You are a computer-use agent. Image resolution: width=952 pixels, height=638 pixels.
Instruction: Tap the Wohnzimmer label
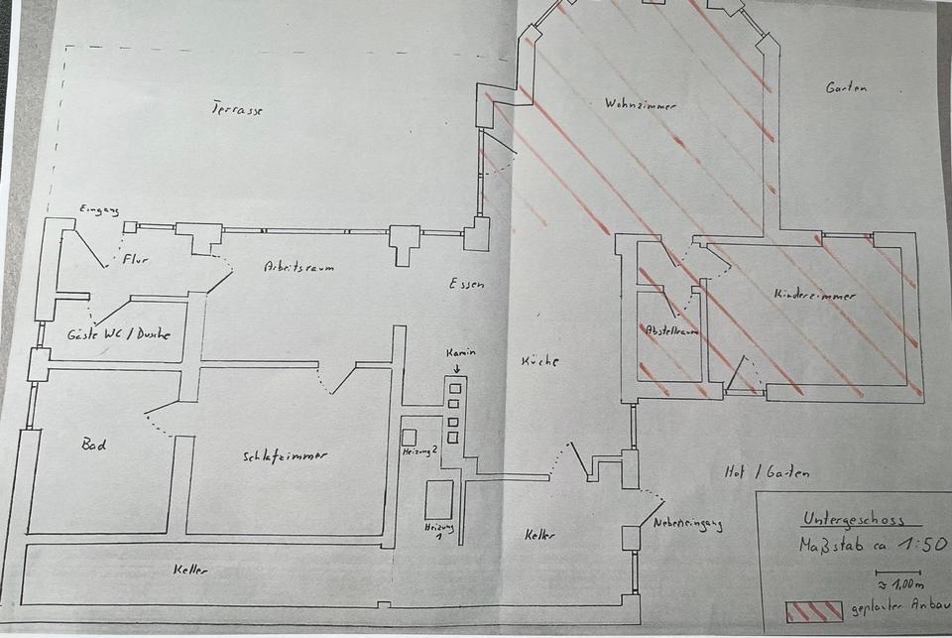(632, 103)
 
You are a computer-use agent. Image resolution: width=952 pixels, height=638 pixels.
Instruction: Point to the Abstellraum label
(672, 330)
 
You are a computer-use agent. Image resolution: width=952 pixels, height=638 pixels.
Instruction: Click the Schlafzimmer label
(285, 456)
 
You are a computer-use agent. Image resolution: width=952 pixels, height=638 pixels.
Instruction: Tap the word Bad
(93, 446)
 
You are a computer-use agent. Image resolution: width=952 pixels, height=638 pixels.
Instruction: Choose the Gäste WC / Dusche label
(118, 334)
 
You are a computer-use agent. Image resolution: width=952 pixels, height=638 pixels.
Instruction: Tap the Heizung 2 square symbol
(409, 437)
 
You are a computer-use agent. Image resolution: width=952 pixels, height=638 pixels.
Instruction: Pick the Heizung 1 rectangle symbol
(438, 499)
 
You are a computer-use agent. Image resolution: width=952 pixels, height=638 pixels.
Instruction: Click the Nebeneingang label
(687, 525)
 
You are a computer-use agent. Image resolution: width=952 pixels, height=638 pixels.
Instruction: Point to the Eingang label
(99, 209)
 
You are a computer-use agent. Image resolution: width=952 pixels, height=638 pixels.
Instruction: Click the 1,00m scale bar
(898, 573)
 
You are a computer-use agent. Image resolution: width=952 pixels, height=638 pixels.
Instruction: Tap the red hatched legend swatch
(814, 610)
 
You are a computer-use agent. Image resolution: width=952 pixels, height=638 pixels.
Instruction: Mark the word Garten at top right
(846, 87)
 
